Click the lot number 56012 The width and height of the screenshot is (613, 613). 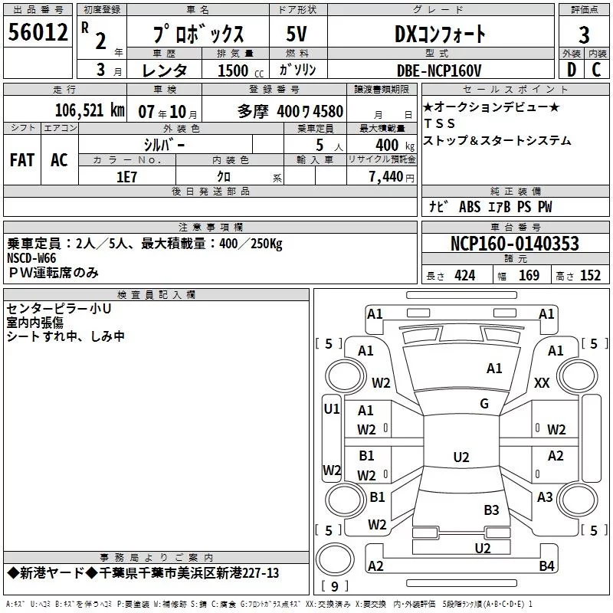coord(38,32)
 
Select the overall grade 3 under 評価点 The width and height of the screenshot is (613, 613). coord(584,34)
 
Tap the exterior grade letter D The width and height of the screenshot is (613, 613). coord(572,70)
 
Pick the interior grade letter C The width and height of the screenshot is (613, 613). coord(596,70)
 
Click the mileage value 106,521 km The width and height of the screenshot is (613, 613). coord(90,110)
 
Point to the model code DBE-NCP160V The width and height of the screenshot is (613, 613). coord(438,70)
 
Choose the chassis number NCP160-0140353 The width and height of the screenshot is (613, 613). coord(514,244)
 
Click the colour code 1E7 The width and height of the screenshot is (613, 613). coord(126,177)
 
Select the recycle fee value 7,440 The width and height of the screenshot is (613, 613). coord(386,177)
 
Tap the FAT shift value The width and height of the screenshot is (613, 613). coord(22,160)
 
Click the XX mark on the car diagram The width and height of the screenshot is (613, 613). coord(542,382)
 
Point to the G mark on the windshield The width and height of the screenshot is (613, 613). coord(484,404)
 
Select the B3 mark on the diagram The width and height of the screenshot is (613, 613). coord(491,510)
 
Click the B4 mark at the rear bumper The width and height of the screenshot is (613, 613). coord(546,565)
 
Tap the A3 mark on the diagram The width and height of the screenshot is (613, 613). coord(545,497)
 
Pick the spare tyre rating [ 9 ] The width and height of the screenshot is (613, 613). coord(335,586)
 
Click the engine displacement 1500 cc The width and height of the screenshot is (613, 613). coord(241,70)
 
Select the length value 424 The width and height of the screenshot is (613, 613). coord(465,276)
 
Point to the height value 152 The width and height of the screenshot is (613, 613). coord(590,276)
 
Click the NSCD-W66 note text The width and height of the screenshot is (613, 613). coord(31,258)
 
